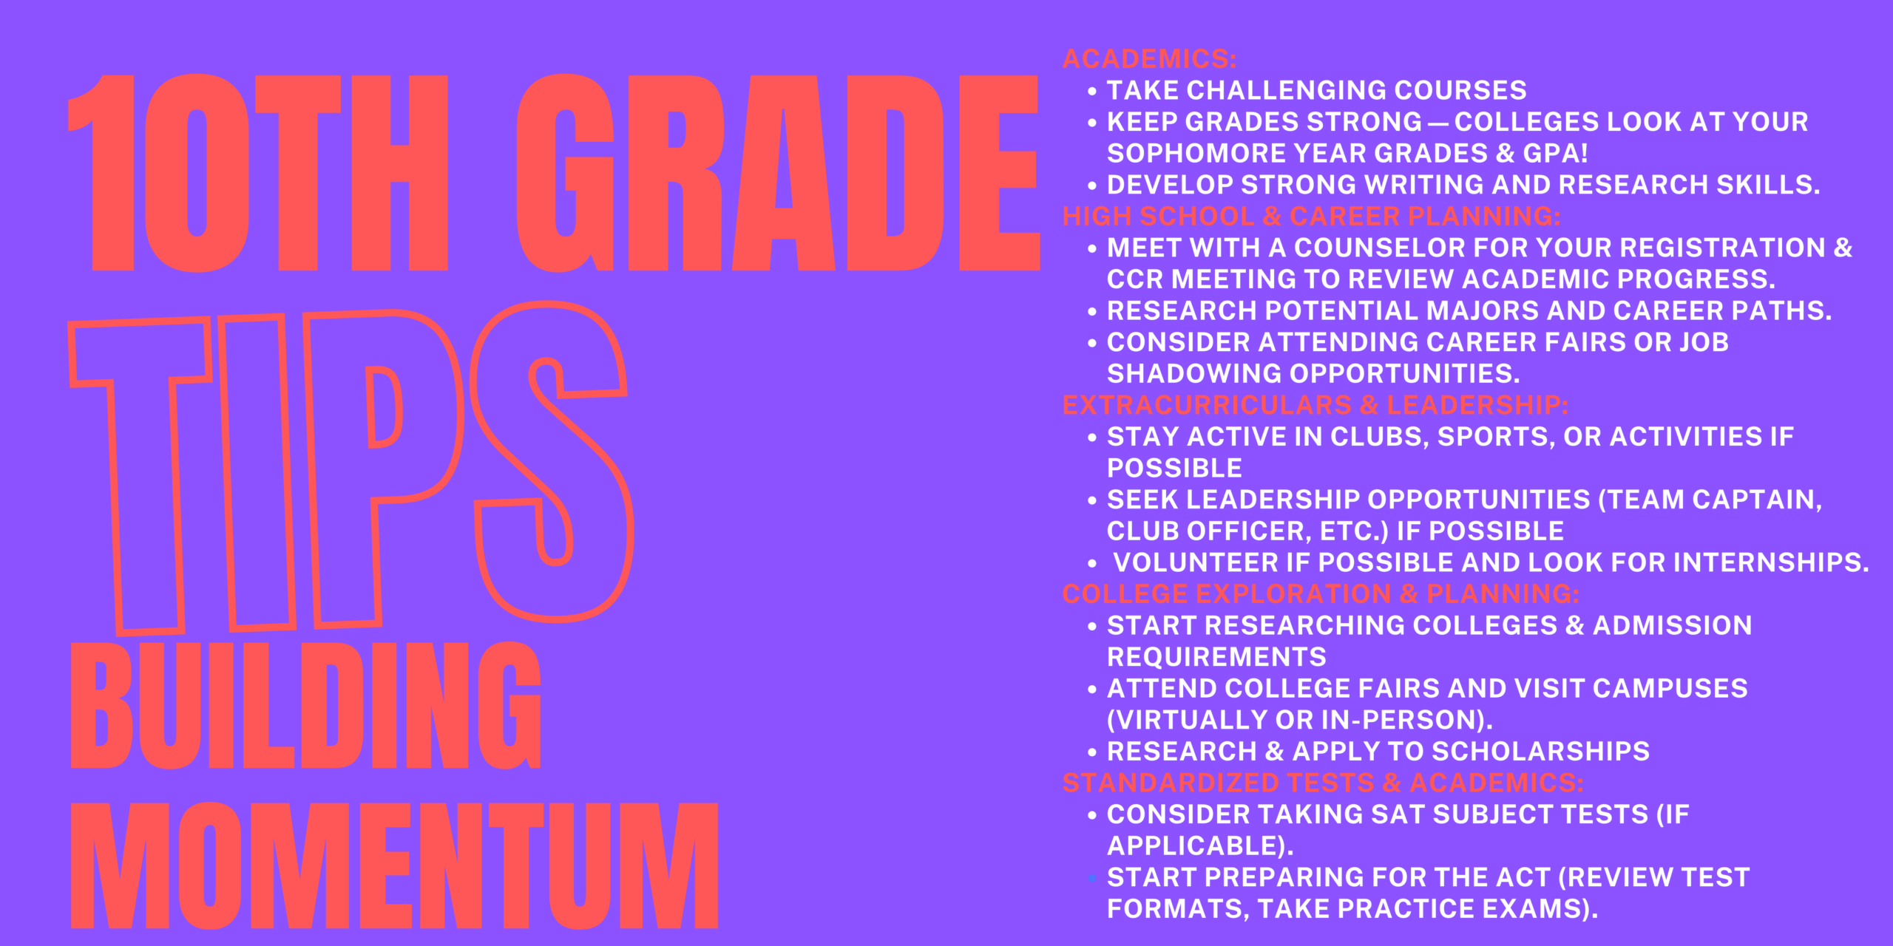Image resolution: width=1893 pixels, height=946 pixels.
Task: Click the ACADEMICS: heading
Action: coord(1149,58)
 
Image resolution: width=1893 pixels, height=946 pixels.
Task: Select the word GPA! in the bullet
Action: coord(1555,153)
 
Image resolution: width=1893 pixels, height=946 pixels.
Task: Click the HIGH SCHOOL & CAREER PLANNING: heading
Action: coord(1311,216)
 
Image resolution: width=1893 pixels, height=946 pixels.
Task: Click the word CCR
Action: coord(1135,279)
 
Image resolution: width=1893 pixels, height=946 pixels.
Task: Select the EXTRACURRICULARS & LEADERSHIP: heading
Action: coord(1315,405)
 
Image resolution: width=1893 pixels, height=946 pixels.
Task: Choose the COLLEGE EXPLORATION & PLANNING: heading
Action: coord(1321,593)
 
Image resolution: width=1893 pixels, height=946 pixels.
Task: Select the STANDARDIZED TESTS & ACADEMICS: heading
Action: coord(1323,783)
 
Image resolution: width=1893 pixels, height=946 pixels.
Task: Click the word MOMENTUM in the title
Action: coord(395,865)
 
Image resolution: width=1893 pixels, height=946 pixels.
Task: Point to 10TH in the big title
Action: coord(258,173)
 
